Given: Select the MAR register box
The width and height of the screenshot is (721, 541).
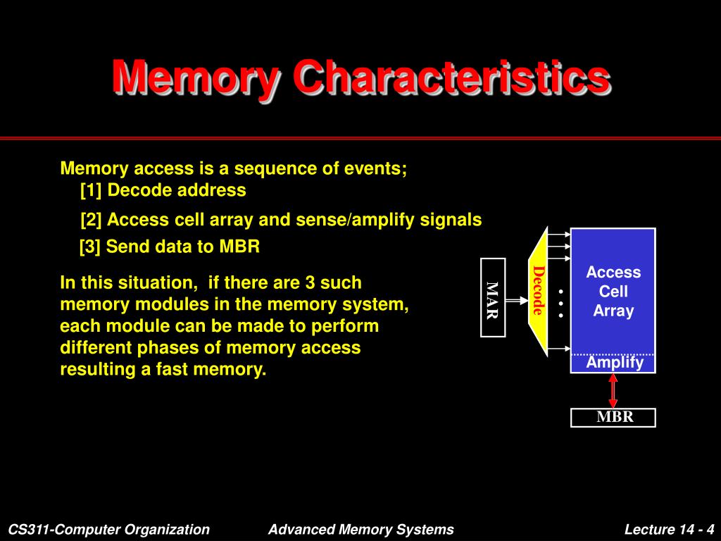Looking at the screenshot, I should tap(493, 298).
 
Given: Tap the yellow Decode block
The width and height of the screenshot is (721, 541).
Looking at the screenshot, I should tap(539, 290).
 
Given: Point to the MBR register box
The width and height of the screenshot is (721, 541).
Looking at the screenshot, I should tap(614, 417).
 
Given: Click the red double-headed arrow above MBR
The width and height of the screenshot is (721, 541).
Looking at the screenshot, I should tap(613, 390).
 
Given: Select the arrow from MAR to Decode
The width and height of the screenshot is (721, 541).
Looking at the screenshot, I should tap(517, 299).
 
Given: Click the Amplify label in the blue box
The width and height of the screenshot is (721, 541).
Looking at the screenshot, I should tap(615, 362).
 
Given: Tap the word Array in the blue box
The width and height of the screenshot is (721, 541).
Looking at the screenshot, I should tap(613, 311).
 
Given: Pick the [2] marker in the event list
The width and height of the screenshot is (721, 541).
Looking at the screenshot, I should tap(92, 220).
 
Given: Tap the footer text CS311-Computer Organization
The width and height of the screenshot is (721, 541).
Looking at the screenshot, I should tap(109, 530).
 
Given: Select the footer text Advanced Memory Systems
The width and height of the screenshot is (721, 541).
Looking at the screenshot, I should tap(360, 530).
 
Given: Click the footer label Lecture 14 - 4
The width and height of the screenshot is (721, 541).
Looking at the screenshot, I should tap(669, 530).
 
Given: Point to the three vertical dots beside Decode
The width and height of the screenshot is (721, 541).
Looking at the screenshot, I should tap(561, 303).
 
